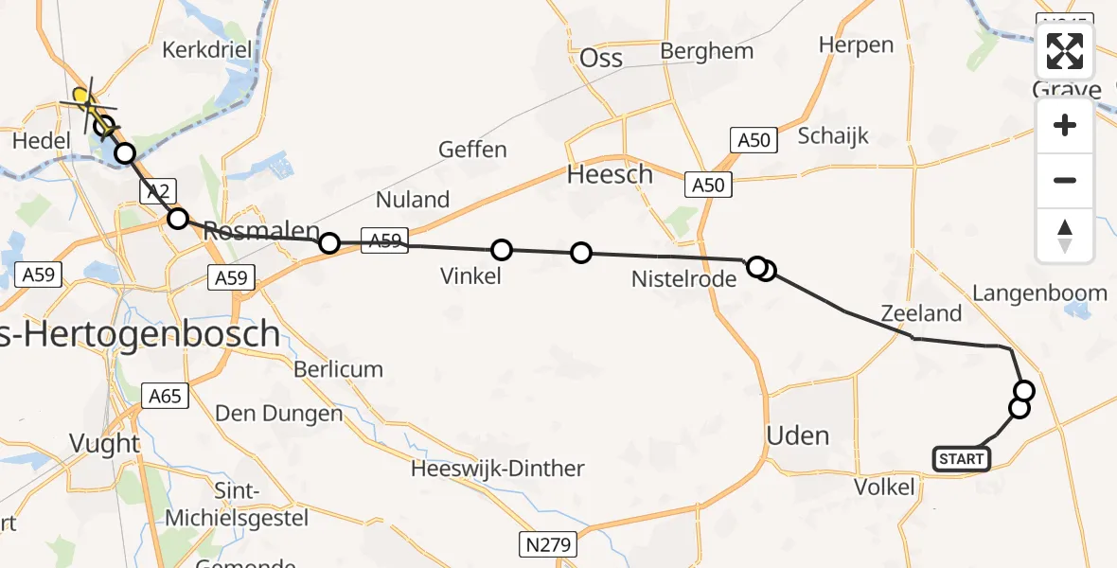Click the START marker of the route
click(x=962, y=459)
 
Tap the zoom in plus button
click(x=1065, y=126)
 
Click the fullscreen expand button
click(x=1065, y=51)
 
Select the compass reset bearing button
click(x=1065, y=235)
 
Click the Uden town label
click(x=797, y=436)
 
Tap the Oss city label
click(x=601, y=59)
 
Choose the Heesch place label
click(x=610, y=175)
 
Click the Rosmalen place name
click(x=256, y=231)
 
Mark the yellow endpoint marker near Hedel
click(x=82, y=96)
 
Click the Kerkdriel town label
click(x=204, y=49)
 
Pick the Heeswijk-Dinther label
click(x=498, y=469)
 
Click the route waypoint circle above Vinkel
click(x=502, y=250)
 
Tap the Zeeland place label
click(x=920, y=313)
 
